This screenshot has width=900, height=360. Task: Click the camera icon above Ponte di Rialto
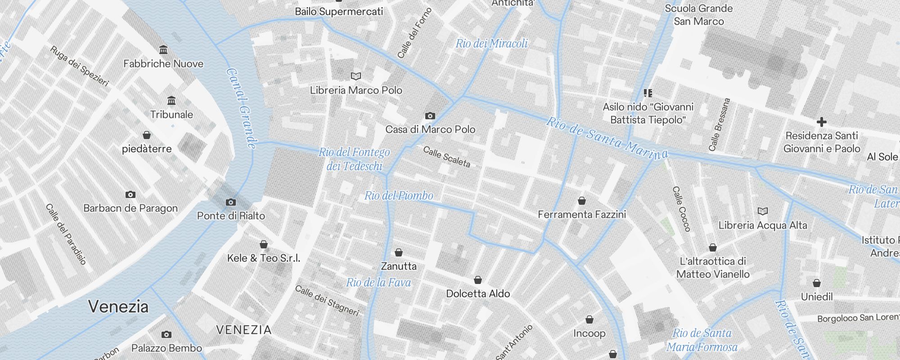(231, 202)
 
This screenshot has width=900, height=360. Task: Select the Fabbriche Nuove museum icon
(163, 49)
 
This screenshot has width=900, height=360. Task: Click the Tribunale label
(171, 115)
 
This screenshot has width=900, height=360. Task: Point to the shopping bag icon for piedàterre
(147, 135)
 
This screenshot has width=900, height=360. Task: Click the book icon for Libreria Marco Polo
(356, 76)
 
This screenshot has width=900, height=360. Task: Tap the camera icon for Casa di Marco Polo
(430, 116)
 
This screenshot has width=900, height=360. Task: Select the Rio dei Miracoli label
(491, 44)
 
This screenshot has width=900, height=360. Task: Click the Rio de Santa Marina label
(607, 138)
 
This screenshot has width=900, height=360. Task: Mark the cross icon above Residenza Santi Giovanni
(821, 122)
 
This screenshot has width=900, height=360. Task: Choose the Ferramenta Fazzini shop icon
(582, 201)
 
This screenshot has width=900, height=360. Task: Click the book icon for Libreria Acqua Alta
(762, 211)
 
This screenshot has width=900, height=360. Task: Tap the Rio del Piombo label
(399, 196)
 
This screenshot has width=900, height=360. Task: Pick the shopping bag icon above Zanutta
(399, 252)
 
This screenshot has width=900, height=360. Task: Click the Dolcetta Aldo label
(478, 294)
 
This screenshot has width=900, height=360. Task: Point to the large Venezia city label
(118, 306)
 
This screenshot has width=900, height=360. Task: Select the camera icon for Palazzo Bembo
(166, 334)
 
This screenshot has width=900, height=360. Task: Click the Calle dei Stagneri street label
(327, 301)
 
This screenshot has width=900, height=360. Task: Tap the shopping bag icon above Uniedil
(817, 283)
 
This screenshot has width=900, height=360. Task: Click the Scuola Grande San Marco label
(698, 15)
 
